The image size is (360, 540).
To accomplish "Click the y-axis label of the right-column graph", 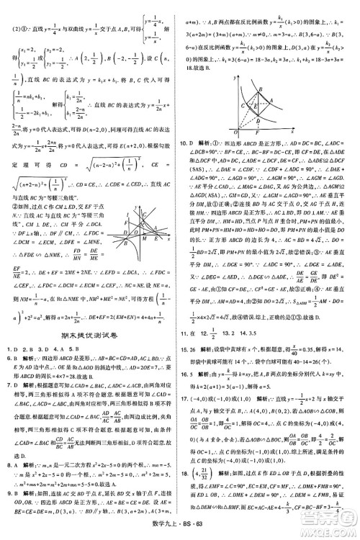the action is [x=235, y=75].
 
